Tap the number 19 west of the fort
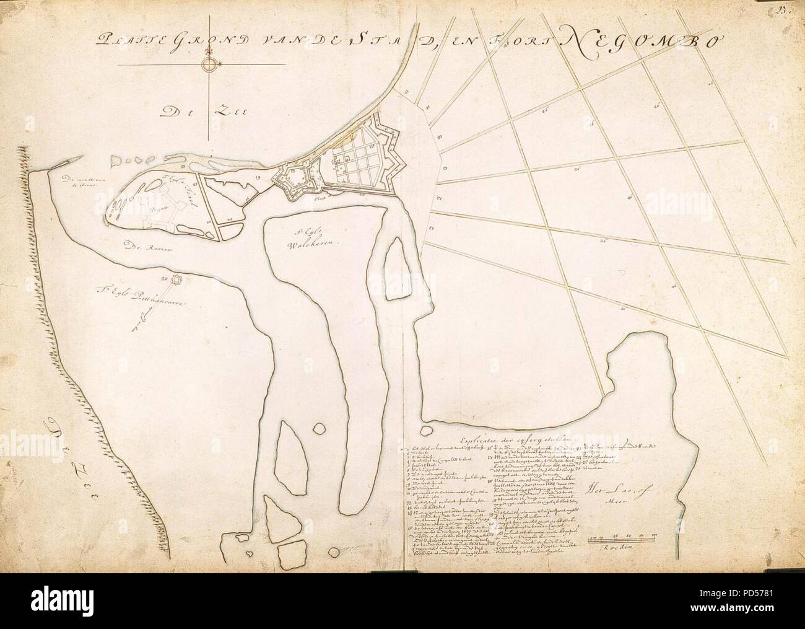(258, 178)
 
